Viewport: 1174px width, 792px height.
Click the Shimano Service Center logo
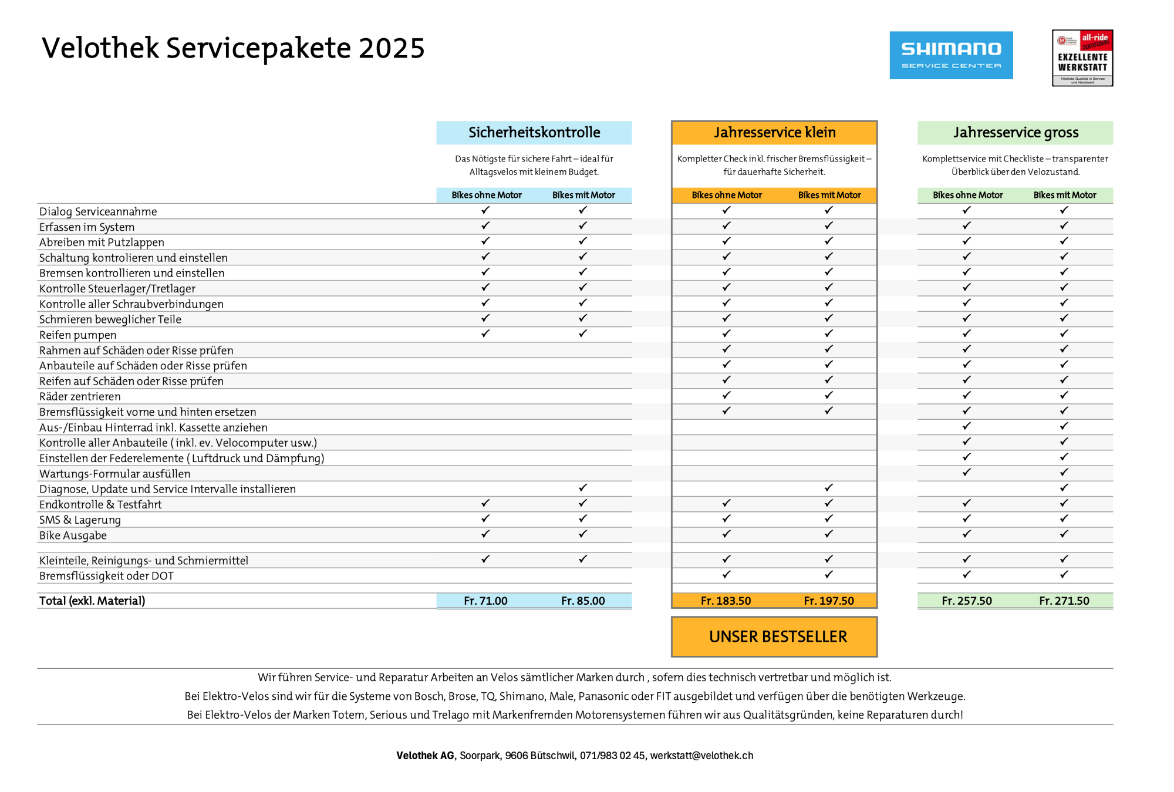(x=951, y=55)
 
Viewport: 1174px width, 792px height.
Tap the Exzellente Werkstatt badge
(x=1082, y=58)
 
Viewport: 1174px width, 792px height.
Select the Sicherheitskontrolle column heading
(x=534, y=133)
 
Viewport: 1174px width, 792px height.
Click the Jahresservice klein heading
(x=774, y=133)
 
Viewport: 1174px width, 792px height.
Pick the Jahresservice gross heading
(x=1016, y=133)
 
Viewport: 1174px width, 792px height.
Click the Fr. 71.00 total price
(x=485, y=601)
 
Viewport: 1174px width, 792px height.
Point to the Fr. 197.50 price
(x=829, y=601)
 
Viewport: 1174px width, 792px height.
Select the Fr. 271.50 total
(x=1064, y=601)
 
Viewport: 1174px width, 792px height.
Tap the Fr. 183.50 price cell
(x=726, y=601)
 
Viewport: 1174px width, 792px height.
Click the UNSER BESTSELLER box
(x=774, y=636)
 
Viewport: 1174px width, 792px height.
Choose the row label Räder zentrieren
(x=80, y=397)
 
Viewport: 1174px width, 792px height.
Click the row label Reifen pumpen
(x=77, y=335)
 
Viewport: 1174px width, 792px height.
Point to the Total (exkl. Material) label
(x=92, y=601)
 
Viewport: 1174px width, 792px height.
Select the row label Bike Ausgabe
(x=73, y=535)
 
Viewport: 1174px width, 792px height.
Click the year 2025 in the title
(x=392, y=48)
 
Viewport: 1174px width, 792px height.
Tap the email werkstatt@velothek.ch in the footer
(x=701, y=756)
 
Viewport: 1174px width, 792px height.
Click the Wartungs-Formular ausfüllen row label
(x=114, y=474)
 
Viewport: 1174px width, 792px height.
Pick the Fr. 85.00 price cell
(x=583, y=601)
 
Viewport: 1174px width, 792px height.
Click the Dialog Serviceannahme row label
(x=98, y=212)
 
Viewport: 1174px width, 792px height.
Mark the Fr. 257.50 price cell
(x=966, y=601)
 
